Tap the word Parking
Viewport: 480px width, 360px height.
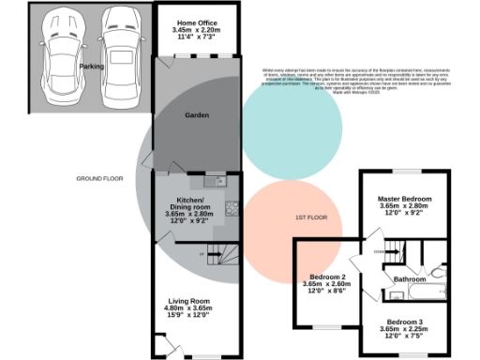pyautogui.click(x=91, y=67)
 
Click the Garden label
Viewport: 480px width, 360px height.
pyautogui.click(x=196, y=115)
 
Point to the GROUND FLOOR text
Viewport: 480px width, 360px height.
pyautogui.click(x=100, y=177)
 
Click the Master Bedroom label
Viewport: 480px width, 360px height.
pyautogui.click(x=404, y=200)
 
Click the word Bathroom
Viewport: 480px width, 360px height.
pyautogui.click(x=411, y=279)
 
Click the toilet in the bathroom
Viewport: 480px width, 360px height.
pyautogui.click(x=440, y=272)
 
